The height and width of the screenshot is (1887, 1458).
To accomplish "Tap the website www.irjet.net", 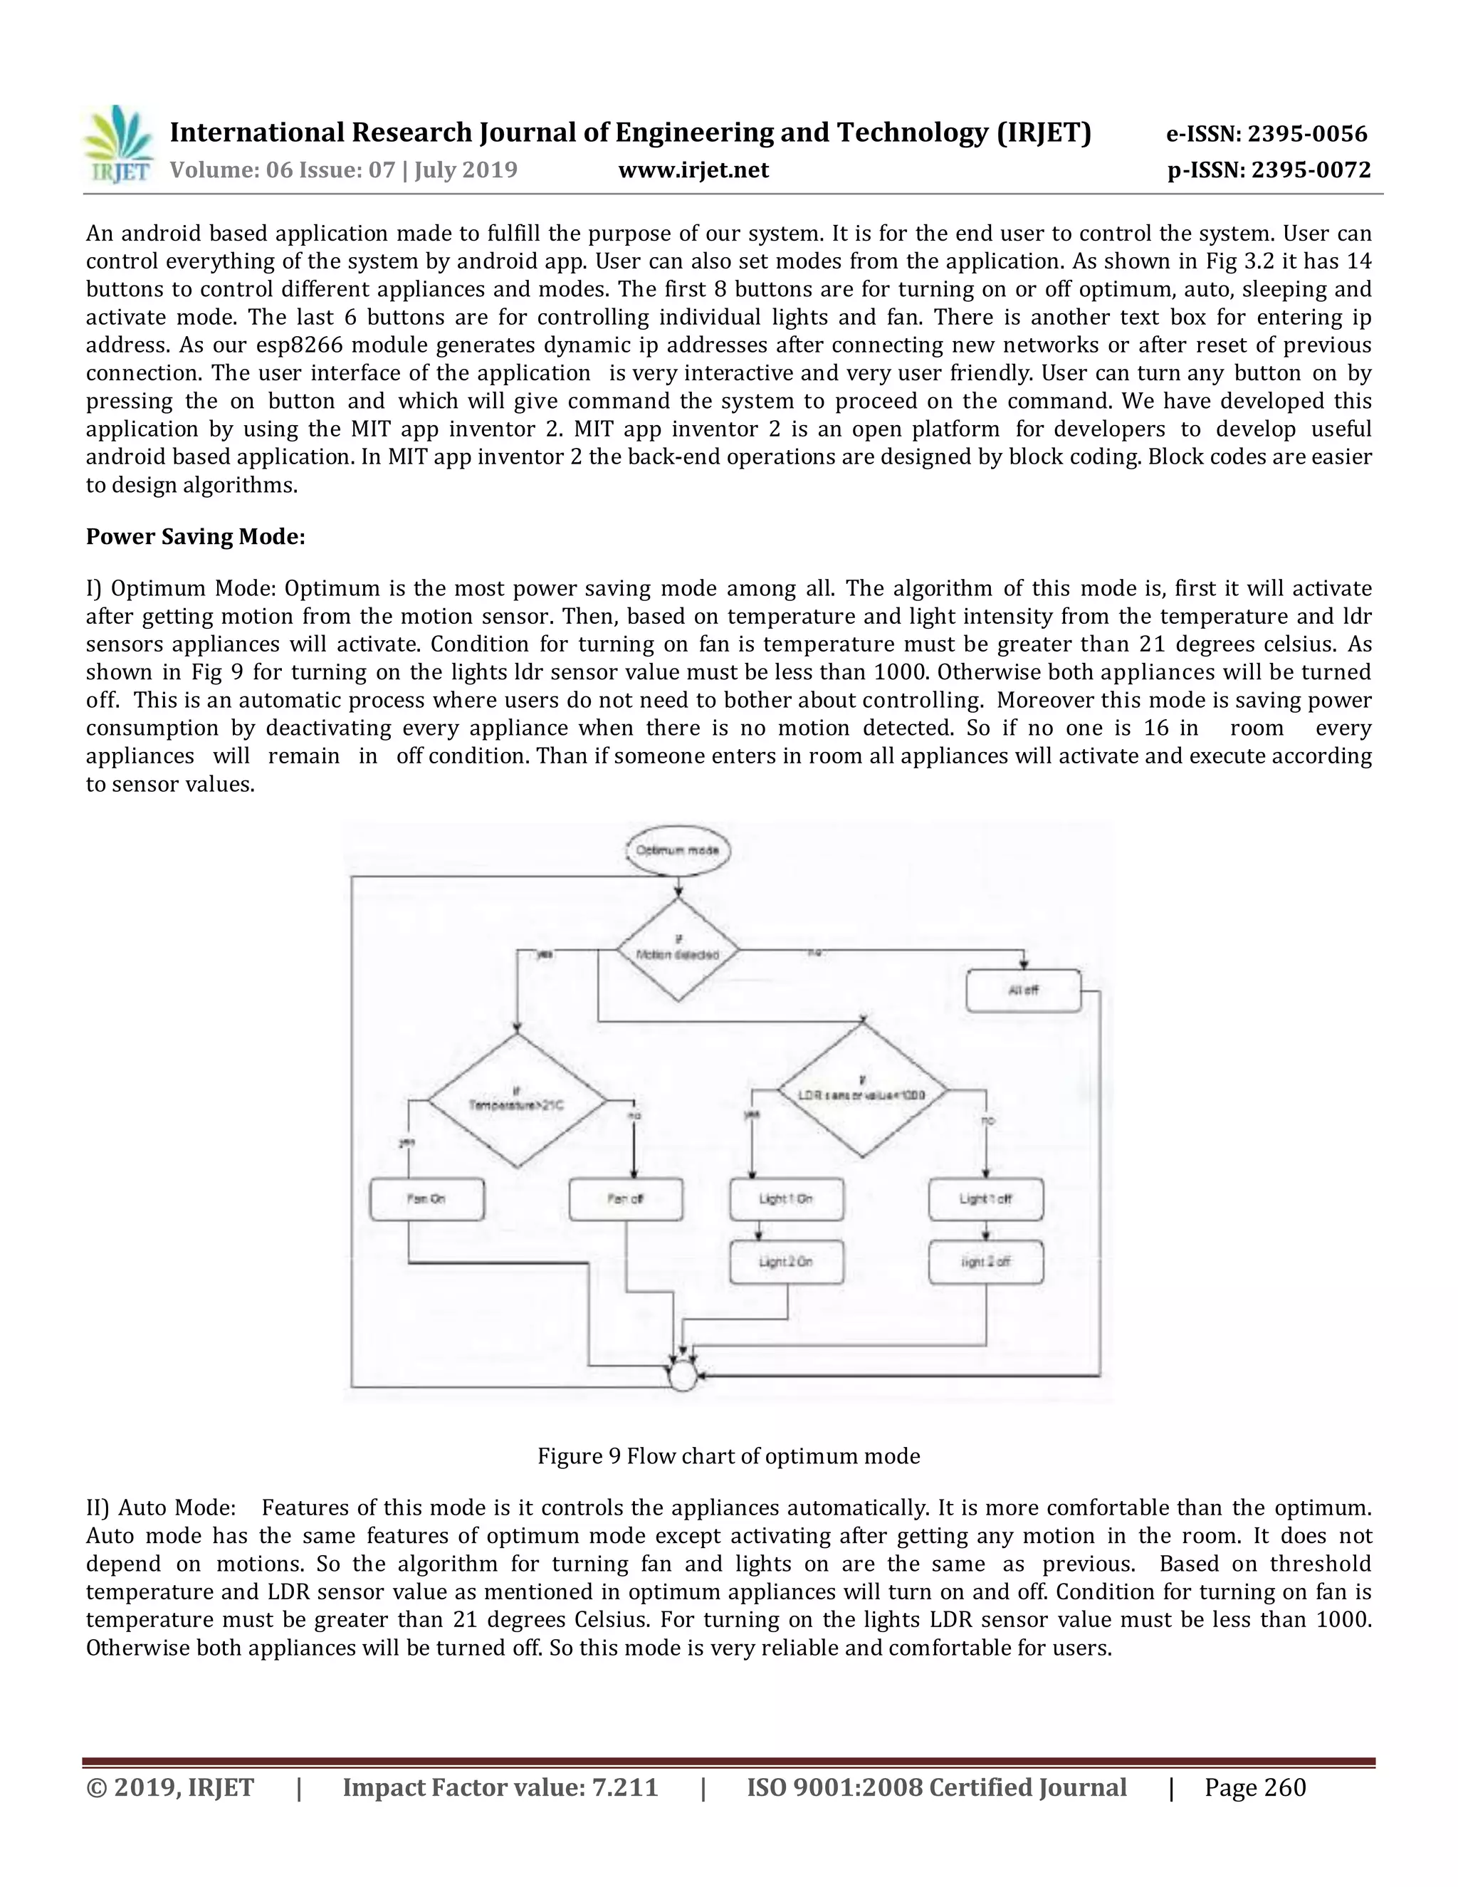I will click(693, 170).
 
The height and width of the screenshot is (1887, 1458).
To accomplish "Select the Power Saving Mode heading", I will click(195, 537).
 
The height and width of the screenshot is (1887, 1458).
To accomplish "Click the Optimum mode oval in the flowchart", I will click(678, 850).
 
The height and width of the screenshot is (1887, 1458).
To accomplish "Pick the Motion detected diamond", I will click(678, 951).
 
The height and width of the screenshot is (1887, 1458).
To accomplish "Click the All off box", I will click(1023, 990).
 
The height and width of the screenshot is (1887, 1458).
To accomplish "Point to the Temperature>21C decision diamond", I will click(517, 1101).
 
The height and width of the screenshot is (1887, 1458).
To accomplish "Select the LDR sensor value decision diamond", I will click(862, 1090).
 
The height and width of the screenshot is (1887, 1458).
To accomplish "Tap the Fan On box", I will click(426, 1199).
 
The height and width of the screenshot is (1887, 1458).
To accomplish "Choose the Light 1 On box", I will click(786, 1199).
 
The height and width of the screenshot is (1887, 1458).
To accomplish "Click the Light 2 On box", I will click(786, 1263).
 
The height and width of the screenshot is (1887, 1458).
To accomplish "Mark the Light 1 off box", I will click(985, 1199).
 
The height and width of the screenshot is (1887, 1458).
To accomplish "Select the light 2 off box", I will click(985, 1263).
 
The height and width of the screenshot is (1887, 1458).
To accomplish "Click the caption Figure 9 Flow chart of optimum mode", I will click(728, 1456).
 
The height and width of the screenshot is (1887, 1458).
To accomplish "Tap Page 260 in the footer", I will click(1255, 1787).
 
